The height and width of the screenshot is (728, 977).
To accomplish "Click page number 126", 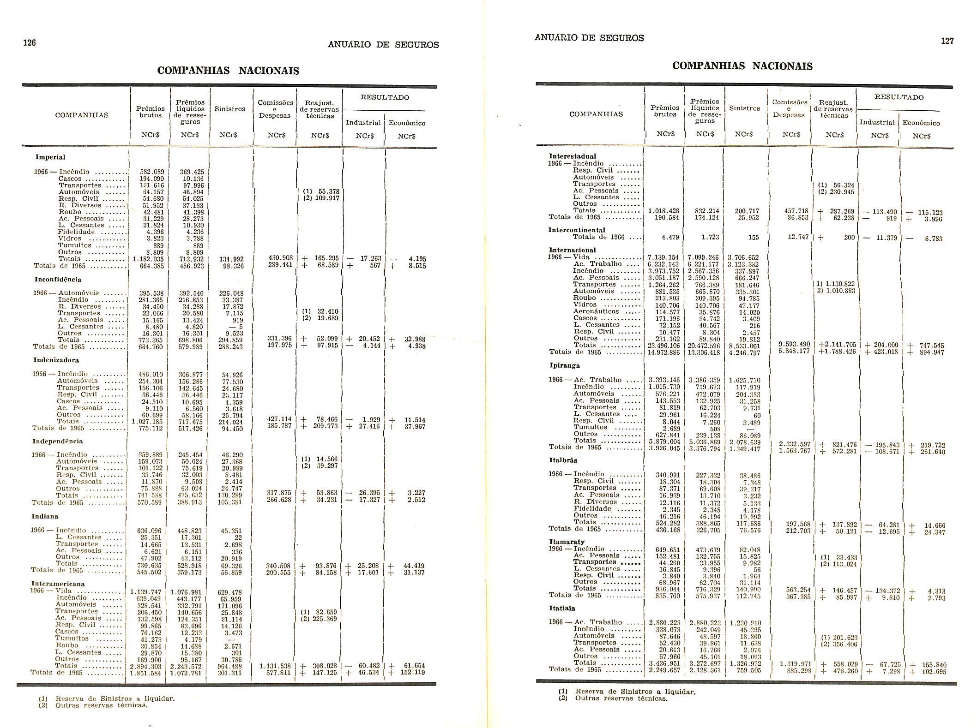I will (30, 43).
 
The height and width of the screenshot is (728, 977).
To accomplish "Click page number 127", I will (947, 41).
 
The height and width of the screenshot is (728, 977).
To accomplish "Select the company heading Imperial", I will (50, 157).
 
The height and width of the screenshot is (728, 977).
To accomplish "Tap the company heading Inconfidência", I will (58, 280).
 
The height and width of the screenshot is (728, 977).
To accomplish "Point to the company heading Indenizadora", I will (56, 360).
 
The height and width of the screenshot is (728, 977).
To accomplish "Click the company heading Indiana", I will (45, 517).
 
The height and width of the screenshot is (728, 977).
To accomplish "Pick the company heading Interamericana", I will (58, 584).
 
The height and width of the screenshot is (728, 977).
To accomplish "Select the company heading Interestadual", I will (572, 156).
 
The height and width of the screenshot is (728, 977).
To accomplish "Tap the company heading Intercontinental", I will (577, 230).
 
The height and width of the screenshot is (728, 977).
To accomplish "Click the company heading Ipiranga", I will (564, 365).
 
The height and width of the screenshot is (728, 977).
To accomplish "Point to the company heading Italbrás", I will (563, 460).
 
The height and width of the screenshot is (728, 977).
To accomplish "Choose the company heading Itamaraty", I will (567, 542).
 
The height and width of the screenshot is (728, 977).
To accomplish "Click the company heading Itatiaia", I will (562, 609).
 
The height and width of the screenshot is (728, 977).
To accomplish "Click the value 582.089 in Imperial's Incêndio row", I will (152, 172).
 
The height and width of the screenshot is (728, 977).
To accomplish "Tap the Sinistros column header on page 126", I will (230, 109).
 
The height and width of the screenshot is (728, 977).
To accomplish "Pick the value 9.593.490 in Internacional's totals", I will (794, 345).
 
